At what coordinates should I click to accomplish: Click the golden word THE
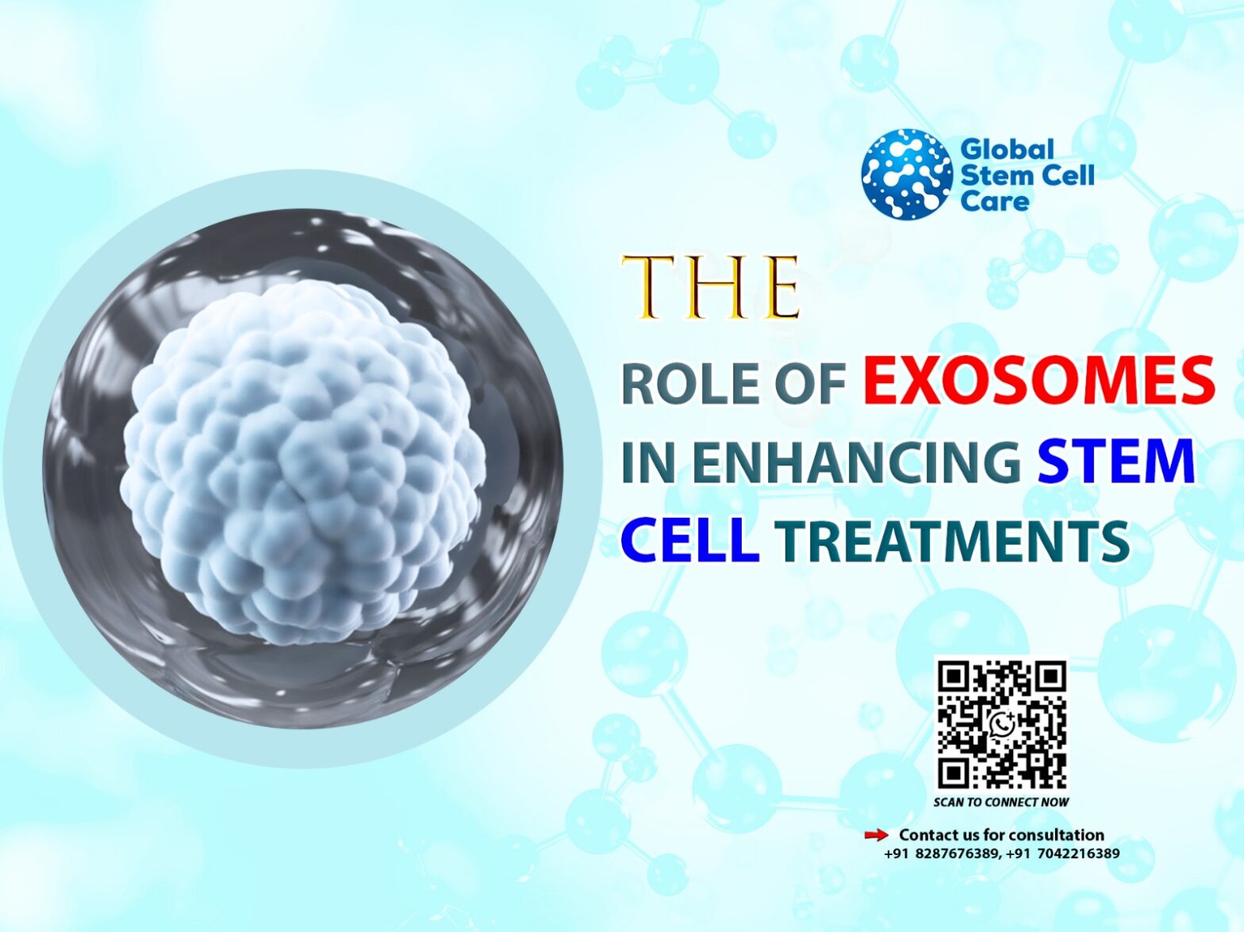point(710,287)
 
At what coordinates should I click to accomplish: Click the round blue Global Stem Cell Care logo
point(906,175)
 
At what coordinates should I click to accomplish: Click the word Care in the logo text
point(994,201)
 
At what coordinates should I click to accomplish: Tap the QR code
point(1001,725)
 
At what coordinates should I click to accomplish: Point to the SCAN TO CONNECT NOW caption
point(1000,802)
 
